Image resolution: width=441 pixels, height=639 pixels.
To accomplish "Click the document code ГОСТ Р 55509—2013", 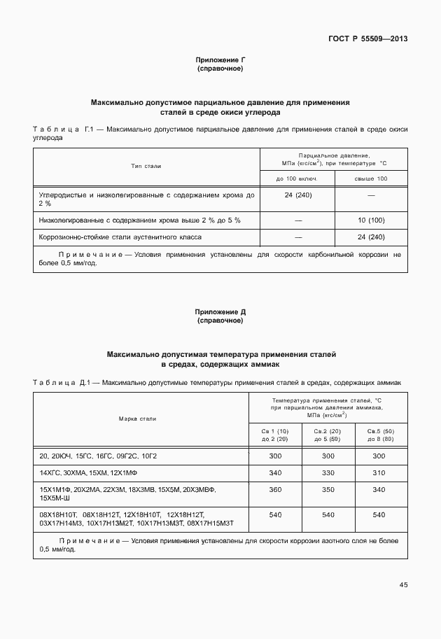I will click(367, 38).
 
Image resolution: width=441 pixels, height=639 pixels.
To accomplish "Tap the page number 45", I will click(402, 584).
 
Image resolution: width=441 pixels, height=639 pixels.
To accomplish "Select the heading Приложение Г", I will click(220, 61).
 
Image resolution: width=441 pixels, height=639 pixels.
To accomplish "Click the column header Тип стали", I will click(146, 167).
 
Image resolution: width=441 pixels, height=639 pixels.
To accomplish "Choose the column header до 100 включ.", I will click(297, 179).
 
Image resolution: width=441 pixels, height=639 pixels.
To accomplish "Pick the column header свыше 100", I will click(371, 179).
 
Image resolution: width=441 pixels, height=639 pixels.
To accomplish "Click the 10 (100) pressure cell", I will click(371, 220).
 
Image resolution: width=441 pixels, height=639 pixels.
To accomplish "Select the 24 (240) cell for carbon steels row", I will click(298, 195).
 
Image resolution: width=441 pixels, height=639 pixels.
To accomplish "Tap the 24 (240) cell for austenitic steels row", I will click(371, 237).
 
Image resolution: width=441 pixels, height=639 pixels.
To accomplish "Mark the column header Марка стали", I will click(137, 419).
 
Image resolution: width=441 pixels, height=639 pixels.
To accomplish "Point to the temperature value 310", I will click(379, 472).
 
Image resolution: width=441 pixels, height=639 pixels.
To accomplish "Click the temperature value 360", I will click(275, 489).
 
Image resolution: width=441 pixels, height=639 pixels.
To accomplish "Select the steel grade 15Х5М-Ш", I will click(56, 498).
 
